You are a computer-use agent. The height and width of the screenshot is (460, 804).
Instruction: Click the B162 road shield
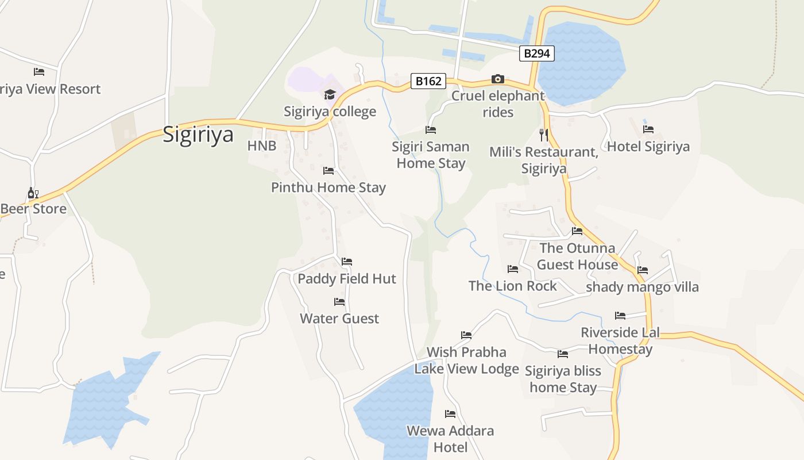[428, 81]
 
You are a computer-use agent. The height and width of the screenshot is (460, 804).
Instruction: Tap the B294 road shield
[537, 53]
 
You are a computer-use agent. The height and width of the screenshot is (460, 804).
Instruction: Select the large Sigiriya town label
[198, 135]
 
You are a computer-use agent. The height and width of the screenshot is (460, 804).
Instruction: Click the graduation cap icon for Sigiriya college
[330, 94]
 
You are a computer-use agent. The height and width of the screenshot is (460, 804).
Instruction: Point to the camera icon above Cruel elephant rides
[498, 79]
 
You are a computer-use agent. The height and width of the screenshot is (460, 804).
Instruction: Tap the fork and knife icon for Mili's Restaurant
[544, 135]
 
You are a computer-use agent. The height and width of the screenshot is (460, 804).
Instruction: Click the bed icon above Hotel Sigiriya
[648, 129]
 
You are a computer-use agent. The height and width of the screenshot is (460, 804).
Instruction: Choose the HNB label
[262, 146]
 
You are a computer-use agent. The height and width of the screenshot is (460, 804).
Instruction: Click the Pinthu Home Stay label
[328, 187]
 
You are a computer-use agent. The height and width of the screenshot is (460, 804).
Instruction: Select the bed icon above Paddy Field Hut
[347, 262]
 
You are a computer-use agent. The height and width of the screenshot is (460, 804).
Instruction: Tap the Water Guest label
[339, 319]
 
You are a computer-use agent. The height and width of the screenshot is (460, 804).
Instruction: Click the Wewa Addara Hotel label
[450, 439]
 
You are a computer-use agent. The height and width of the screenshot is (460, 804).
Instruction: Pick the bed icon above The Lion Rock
[513, 269]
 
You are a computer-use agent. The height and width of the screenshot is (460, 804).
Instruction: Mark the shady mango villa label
[642, 287]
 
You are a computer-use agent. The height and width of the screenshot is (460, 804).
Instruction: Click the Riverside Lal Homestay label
[620, 340]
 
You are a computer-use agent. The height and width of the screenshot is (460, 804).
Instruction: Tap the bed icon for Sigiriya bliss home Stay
[563, 354]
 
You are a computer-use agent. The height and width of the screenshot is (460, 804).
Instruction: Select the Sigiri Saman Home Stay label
[431, 155]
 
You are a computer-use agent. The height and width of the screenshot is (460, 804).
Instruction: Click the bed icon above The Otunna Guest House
[577, 231]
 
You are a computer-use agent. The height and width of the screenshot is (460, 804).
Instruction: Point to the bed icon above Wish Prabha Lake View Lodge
[466, 335]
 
